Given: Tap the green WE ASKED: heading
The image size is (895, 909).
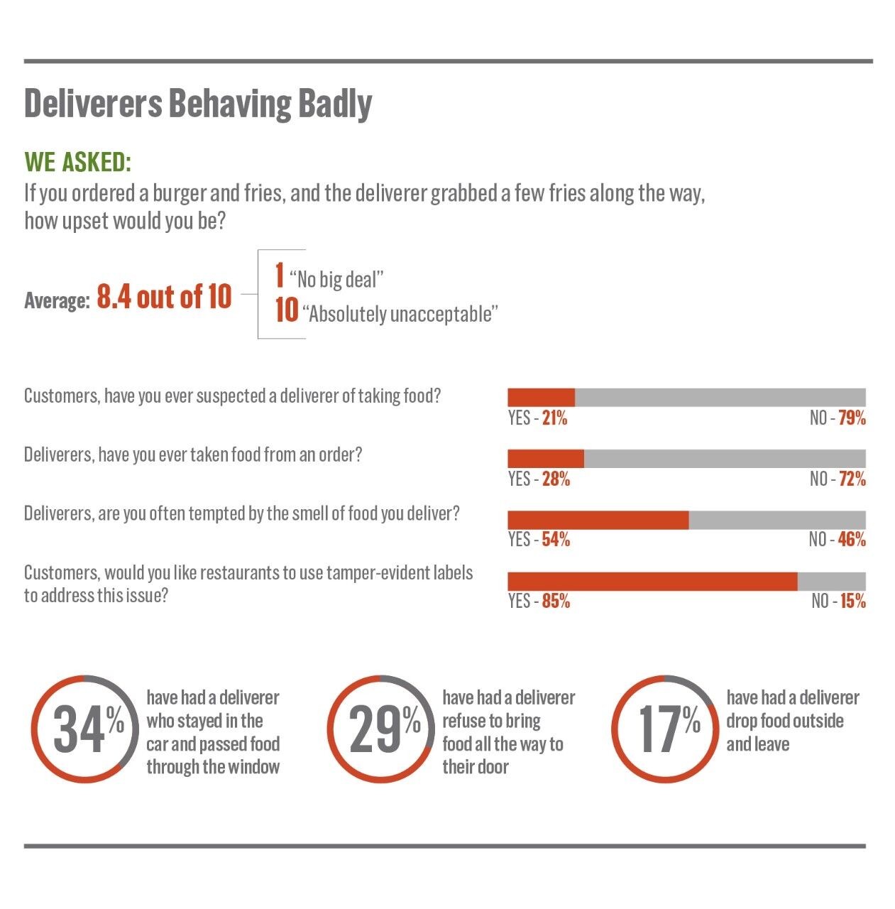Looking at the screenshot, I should click(x=78, y=163).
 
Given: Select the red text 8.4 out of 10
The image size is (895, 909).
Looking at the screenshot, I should click(x=164, y=297).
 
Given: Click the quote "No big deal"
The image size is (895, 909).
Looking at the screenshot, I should click(x=336, y=280).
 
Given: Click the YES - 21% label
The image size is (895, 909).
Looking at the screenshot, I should click(x=537, y=418).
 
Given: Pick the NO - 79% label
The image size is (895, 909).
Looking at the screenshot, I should click(x=838, y=418).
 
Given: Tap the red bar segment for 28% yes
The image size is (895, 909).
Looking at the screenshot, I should click(x=545, y=458).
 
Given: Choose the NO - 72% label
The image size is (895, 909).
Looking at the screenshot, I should click(x=838, y=479).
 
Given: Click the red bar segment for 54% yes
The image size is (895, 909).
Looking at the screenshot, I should click(x=598, y=520).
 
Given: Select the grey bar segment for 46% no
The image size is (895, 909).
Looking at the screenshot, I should click(x=777, y=520).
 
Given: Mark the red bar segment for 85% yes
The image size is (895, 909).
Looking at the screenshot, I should click(x=652, y=582).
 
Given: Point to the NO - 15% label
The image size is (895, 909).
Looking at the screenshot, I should click(x=838, y=602).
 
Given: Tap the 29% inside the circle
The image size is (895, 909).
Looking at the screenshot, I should click(x=384, y=729).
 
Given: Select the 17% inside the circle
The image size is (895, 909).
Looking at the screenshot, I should click(x=668, y=729).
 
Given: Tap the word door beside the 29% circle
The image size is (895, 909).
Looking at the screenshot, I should click(x=490, y=767).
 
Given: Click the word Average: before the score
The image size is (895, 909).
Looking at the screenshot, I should click(x=57, y=300).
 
